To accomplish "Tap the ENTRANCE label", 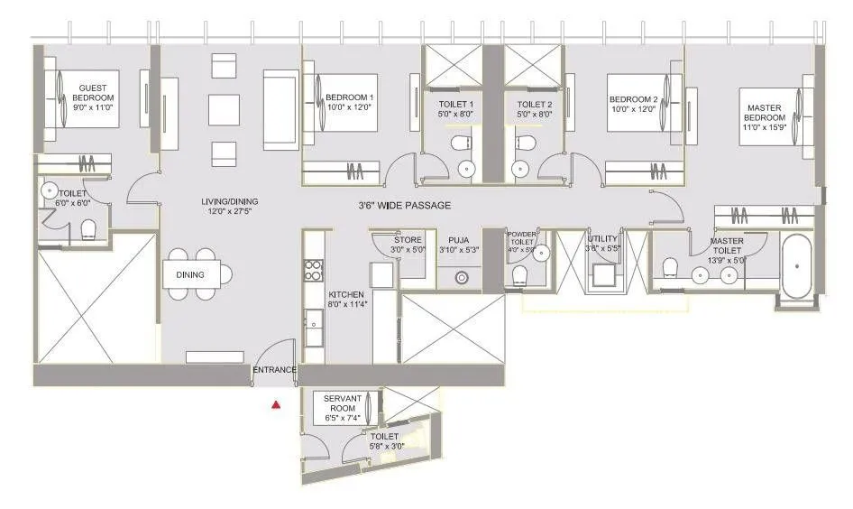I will pos(274,370).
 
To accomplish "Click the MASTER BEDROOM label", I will pos(764,113).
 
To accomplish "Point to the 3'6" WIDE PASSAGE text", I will pos(403,206).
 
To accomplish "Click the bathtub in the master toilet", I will pos(796,268).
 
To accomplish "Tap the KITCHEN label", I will pos(345,295).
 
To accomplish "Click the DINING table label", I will pos(190,275).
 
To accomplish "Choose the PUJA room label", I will pos(458,240).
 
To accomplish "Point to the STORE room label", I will pos(408,240).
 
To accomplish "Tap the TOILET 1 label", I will pos(455,105).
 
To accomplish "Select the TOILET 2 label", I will pos(534,105).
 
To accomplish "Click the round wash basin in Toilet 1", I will pos(466,168).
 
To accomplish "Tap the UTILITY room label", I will pos(601,239).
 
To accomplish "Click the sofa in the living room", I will pos(280,109).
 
